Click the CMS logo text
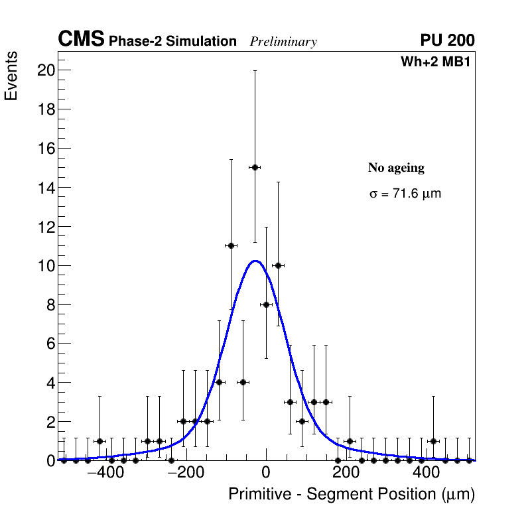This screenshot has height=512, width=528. point(81,40)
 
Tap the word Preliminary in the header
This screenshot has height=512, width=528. point(283,42)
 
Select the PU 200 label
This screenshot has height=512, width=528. point(447,40)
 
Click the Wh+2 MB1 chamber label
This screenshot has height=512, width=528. point(435,62)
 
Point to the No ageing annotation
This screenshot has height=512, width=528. point(396,168)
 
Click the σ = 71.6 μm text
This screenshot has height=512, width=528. point(405,194)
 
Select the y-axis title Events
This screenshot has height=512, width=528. point(11,76)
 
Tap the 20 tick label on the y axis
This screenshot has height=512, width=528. point(45,70)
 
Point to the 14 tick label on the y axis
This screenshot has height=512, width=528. point(45,188)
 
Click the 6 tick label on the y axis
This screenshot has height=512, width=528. point(49,344)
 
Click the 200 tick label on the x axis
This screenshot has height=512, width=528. point(345,474)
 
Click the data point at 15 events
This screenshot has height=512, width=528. point(254,167)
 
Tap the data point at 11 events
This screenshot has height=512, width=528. point(231,245)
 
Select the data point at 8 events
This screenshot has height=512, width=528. point(266,304)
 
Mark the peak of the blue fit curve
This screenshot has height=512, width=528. point(255,261)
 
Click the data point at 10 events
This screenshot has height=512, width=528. point(278,265)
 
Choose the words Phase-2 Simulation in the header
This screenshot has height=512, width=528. point(172,42)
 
